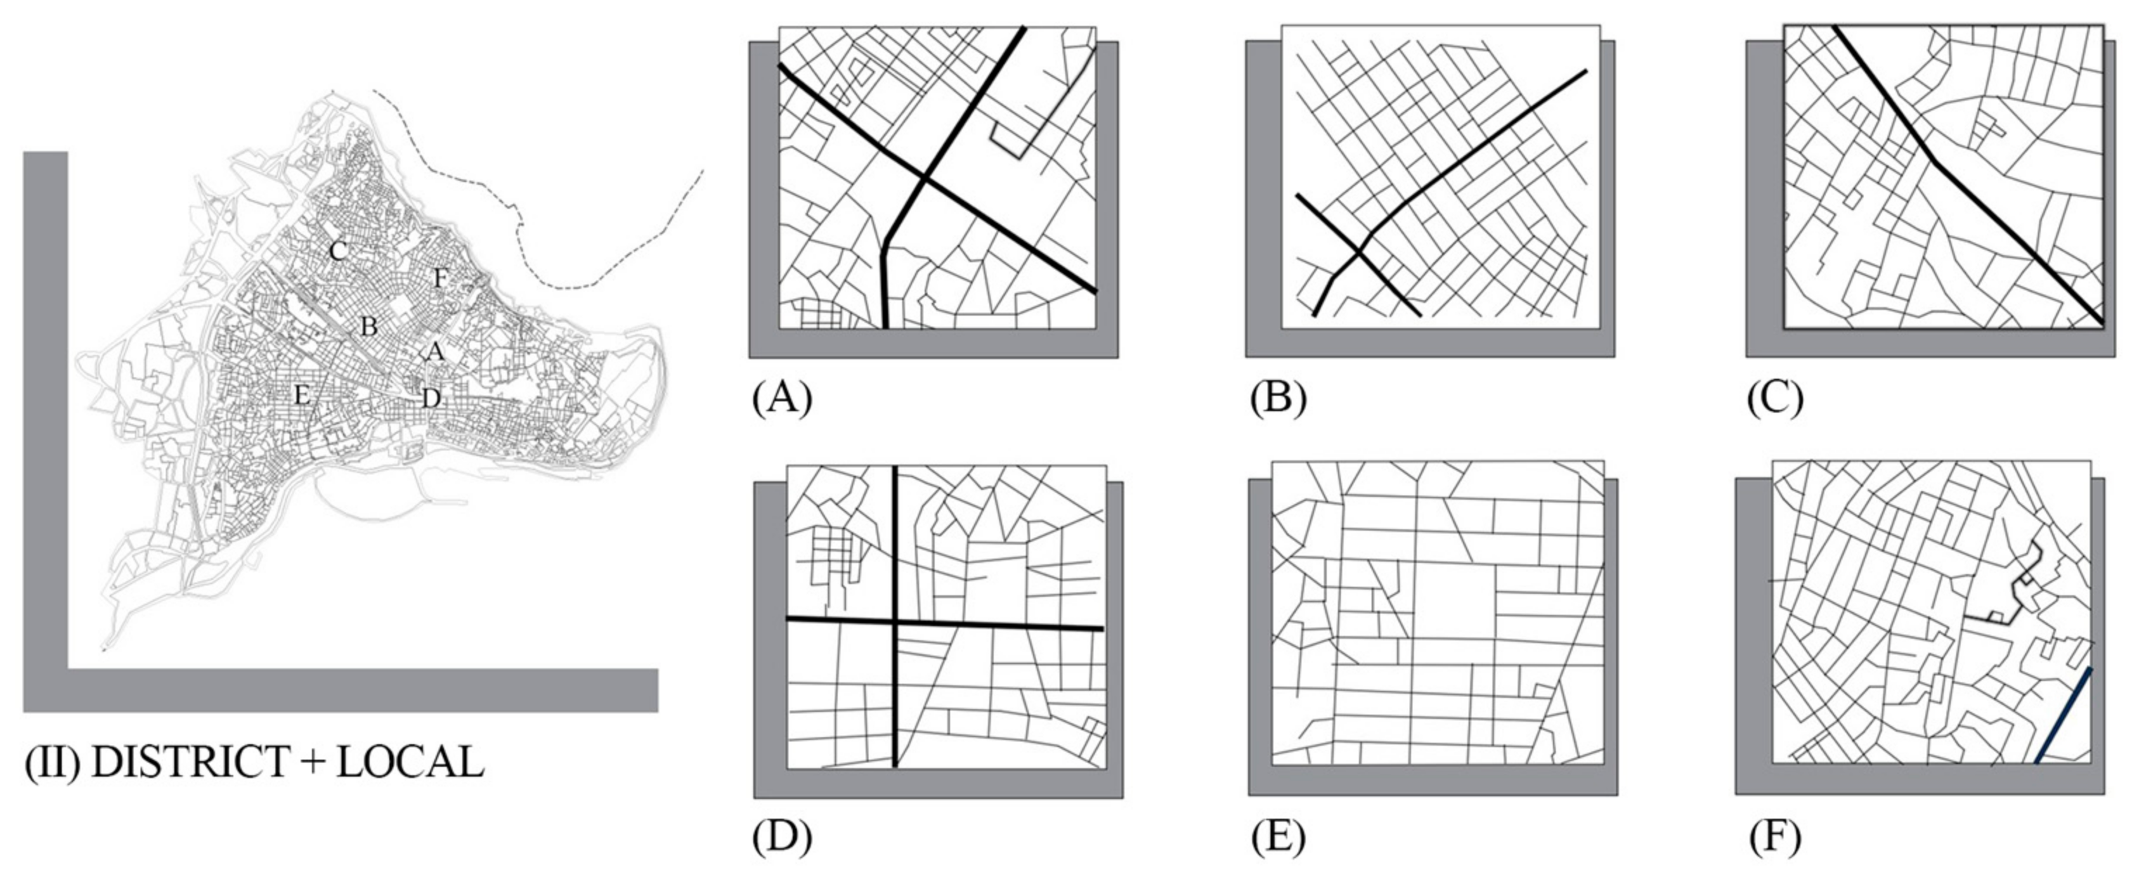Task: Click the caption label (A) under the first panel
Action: point(781,398)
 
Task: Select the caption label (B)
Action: point(1278,398)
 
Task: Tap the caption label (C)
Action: point(1775,398)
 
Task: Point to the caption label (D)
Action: point(781,837)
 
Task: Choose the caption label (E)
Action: point(1278,837)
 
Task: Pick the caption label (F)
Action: point(1775,837)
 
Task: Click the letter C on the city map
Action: point(337,251)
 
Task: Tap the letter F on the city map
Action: point(440,279)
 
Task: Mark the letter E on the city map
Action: point(302,396)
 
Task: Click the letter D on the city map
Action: point(430,398)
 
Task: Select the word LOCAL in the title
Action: point(410,763)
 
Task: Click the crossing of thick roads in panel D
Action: point(896,621)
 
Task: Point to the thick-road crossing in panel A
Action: point(923,176)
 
